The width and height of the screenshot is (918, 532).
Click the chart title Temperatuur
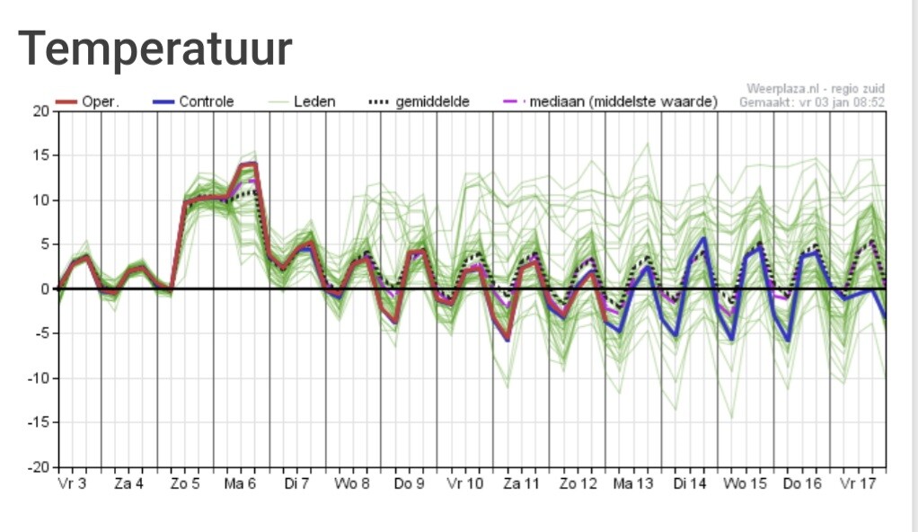[x=155, y=49]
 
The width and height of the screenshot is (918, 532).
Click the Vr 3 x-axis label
[x=72, y=483]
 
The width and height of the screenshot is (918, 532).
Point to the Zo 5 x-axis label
[x=185, y=483]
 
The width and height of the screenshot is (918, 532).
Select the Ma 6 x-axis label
[x=241, y=483]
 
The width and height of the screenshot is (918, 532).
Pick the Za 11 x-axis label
[x=521, y=483]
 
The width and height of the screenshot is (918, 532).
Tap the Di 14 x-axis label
[x=689, y=483]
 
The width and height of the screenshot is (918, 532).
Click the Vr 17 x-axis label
[x=858, y=483]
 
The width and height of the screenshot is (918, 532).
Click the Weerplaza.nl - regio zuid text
[x=815, y=89]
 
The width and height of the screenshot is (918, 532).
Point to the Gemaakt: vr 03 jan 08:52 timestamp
[x=812, y=102]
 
